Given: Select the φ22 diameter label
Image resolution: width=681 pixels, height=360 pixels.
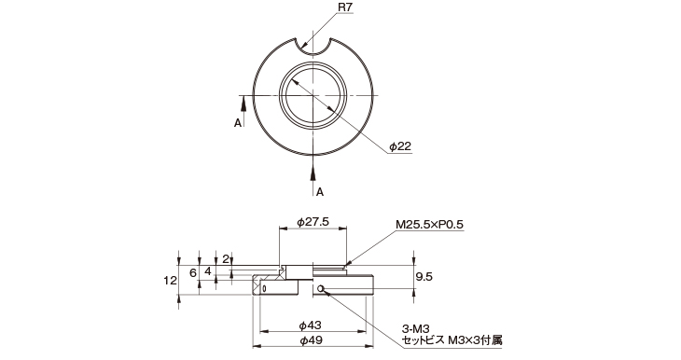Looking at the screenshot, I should pos(399,146).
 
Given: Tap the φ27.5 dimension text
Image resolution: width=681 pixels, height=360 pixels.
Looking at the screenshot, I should pos(313,221).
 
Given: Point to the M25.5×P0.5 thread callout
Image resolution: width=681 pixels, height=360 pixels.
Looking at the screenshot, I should pos(429,225).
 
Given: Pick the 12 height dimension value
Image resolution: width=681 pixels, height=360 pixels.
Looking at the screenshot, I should pos(170,280).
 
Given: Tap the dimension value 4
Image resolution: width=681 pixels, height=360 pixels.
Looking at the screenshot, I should pos(208,271).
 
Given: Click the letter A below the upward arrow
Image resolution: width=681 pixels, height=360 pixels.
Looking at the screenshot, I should pos(319,191).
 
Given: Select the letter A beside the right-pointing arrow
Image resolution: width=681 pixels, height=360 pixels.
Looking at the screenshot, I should pos(237,122).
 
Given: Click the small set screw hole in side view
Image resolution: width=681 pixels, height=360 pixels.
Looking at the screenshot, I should pos(320,288).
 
